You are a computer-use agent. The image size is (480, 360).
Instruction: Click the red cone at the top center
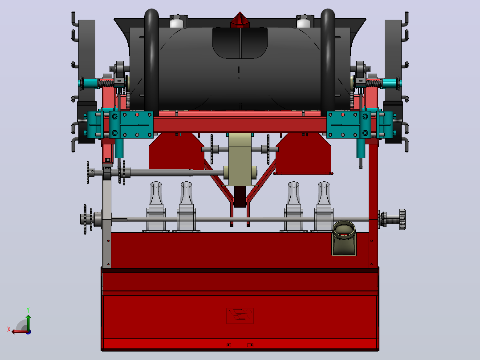pos(240,20)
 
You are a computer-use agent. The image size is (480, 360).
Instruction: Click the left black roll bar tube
pos(151,61)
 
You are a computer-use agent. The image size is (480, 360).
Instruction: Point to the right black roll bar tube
pos(328,61)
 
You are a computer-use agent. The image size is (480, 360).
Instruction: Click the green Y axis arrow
pos(28,322)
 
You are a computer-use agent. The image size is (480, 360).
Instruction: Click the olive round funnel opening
pos(344,228)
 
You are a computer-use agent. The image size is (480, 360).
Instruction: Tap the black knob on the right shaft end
pos(402,219)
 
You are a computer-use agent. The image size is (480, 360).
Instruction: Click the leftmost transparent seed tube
pos(156,207)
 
